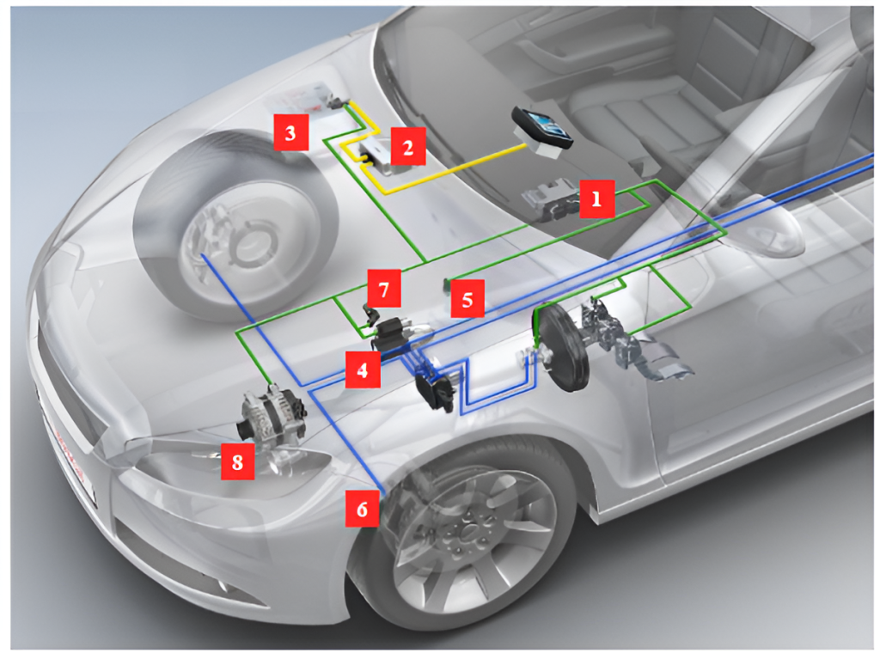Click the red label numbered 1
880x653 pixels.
(x=596, y=198)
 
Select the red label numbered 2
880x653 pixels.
(x=408, y=146)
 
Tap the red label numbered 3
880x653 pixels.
(x=290, y=132)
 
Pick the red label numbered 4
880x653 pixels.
(x=363, y=369)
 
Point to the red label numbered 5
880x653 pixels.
(x=467, y=299)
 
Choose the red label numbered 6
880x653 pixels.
(x=363, y=509)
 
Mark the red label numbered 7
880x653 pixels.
(x=384, y=289)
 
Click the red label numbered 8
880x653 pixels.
(x=237, y=461)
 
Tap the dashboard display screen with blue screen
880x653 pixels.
(x=542, y=130)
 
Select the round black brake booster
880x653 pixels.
(x=560, y=349)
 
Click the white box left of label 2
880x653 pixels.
(x=376, y=158)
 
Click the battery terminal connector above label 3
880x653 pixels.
(x=336, y=102)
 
